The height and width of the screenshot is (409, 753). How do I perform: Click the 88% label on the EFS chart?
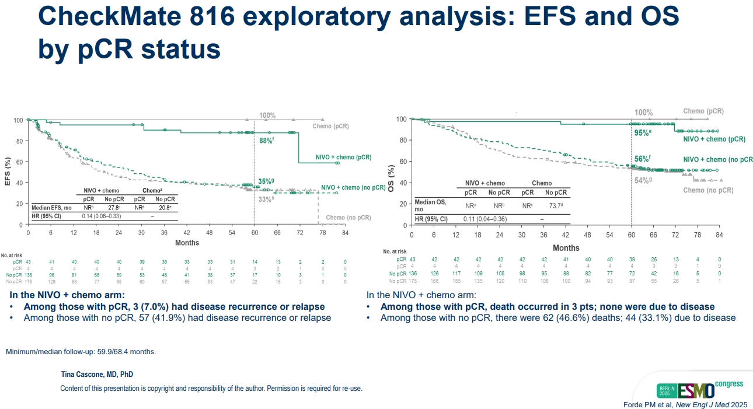pyautogui.click(x=266, y=141)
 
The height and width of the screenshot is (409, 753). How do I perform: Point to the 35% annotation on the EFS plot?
pyautogui.click(x=266, y=181)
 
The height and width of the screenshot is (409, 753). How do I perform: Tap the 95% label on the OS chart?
pyautogui.click(x=643, y=133)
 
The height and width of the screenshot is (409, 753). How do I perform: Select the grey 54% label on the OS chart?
pyautogui.click(x=643, y=180)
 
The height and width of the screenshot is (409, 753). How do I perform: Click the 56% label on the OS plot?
pyautogui.click(x=643, y=159)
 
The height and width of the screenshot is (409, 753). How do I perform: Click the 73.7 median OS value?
pyautogui.click(x=555, y=206)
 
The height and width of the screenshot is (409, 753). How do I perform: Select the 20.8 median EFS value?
pyautogui.click(x=165, y=207)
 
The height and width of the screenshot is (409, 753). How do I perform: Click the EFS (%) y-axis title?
pyautogui.click(x=8, y=171)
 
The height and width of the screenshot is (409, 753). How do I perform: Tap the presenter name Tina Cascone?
pyautogui.click(x=97, y=374)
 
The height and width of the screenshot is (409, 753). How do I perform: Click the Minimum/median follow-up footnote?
pyautogui.click(x=81, y=352)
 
